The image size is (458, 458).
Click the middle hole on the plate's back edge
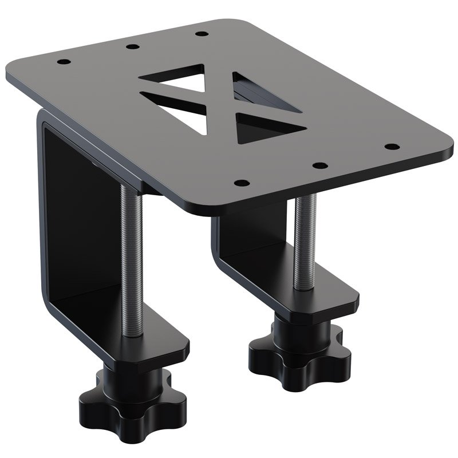point(132,46)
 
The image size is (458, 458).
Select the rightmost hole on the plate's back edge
point(200,33)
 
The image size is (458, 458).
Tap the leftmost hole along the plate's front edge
point(242,184)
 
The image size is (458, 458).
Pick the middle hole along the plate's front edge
point(321,165)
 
